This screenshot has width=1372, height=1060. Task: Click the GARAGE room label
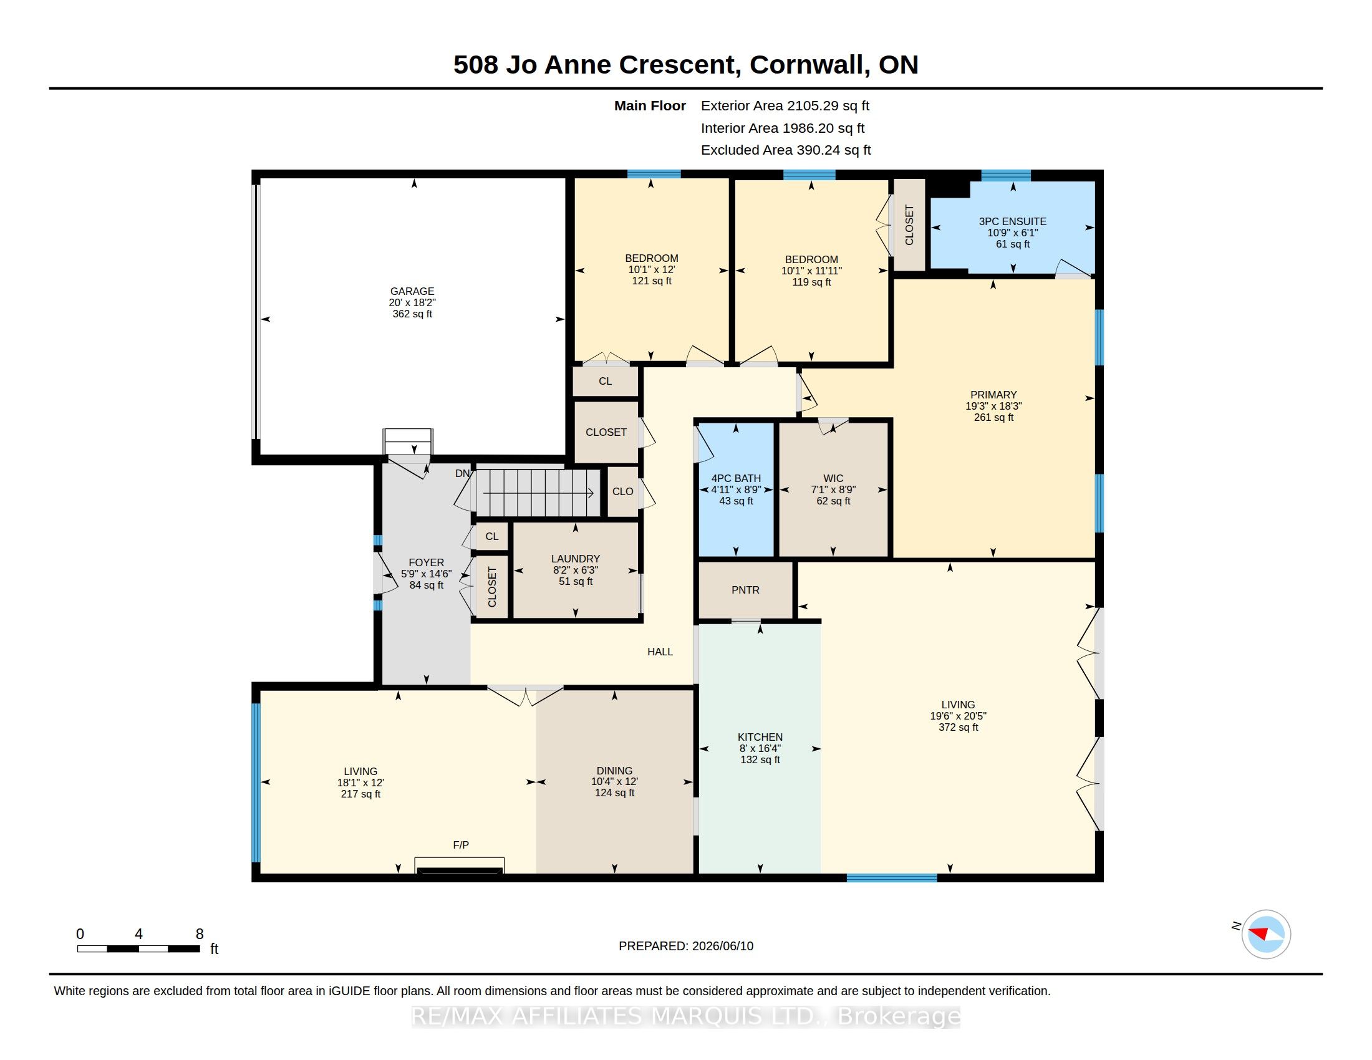(412, 291)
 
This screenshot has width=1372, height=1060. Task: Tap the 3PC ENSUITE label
(1013, 222)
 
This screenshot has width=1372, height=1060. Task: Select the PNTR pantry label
(746, 590)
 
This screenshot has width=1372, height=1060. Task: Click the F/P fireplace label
(461, 846)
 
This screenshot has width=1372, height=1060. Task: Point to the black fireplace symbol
(460, 870)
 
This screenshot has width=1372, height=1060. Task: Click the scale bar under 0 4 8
(139, 949)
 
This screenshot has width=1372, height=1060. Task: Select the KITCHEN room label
(760, 737)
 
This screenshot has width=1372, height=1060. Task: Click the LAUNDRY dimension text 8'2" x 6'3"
(576, 570)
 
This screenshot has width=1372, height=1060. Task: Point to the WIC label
(833, 478)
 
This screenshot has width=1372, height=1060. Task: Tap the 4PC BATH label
(737, 478)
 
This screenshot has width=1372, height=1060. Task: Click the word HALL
(660, 652)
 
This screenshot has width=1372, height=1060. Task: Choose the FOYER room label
(427, 562)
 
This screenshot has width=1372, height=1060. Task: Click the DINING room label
(614, 771)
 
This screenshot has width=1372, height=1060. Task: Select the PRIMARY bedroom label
(993, 395)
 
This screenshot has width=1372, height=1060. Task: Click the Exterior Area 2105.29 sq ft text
(785, 106)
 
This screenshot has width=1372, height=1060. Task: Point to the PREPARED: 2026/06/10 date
(686, 947)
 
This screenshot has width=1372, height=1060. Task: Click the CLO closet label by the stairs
(623, 492)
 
